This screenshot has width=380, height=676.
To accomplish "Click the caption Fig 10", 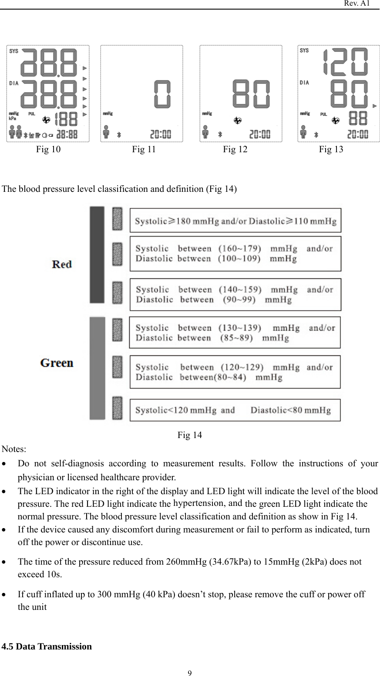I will pyautogui.click(x=48, y=150).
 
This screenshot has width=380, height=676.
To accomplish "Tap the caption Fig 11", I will pyautogui.click(x=144, y=150).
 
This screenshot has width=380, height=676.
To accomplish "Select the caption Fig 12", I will pyautogui.click(x=235, y=150).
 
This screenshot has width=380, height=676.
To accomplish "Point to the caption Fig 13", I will pyautogui.click(x=331, y=150).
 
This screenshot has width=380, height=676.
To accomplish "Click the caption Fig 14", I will pyautogui.click(x=189, y=435).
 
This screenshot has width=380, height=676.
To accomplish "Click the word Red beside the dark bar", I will pyautogui.click(x=62, y=264).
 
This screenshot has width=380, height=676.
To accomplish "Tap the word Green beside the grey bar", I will pyautogui.click(x=57, y=363).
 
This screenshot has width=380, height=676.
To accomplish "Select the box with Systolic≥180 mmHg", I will pyautogui.click(x=235, y=221).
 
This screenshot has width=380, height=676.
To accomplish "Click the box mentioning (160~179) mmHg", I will pyautogui.click(x=235, y=254).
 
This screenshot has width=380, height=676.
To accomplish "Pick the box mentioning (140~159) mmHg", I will pyautogui.click(x=235, y=294).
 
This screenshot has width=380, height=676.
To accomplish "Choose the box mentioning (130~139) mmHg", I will pyautogui.click(x=235, y=333).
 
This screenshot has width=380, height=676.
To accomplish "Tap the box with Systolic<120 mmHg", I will pyautogui.click(x=235, y=410).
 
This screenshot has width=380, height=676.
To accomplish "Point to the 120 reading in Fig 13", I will pyautogui.click(x=345, y=61).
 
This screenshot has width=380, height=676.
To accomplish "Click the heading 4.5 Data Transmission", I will pyautogui.click(x=47, y=646).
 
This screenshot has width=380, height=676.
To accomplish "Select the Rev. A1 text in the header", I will pyautogui.click(x=357, y=3).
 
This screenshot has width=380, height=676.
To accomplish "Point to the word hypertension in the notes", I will pyautogui.click(x=198, y=503).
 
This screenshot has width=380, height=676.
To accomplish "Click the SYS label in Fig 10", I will pyautogui.click(x=14, y=51).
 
